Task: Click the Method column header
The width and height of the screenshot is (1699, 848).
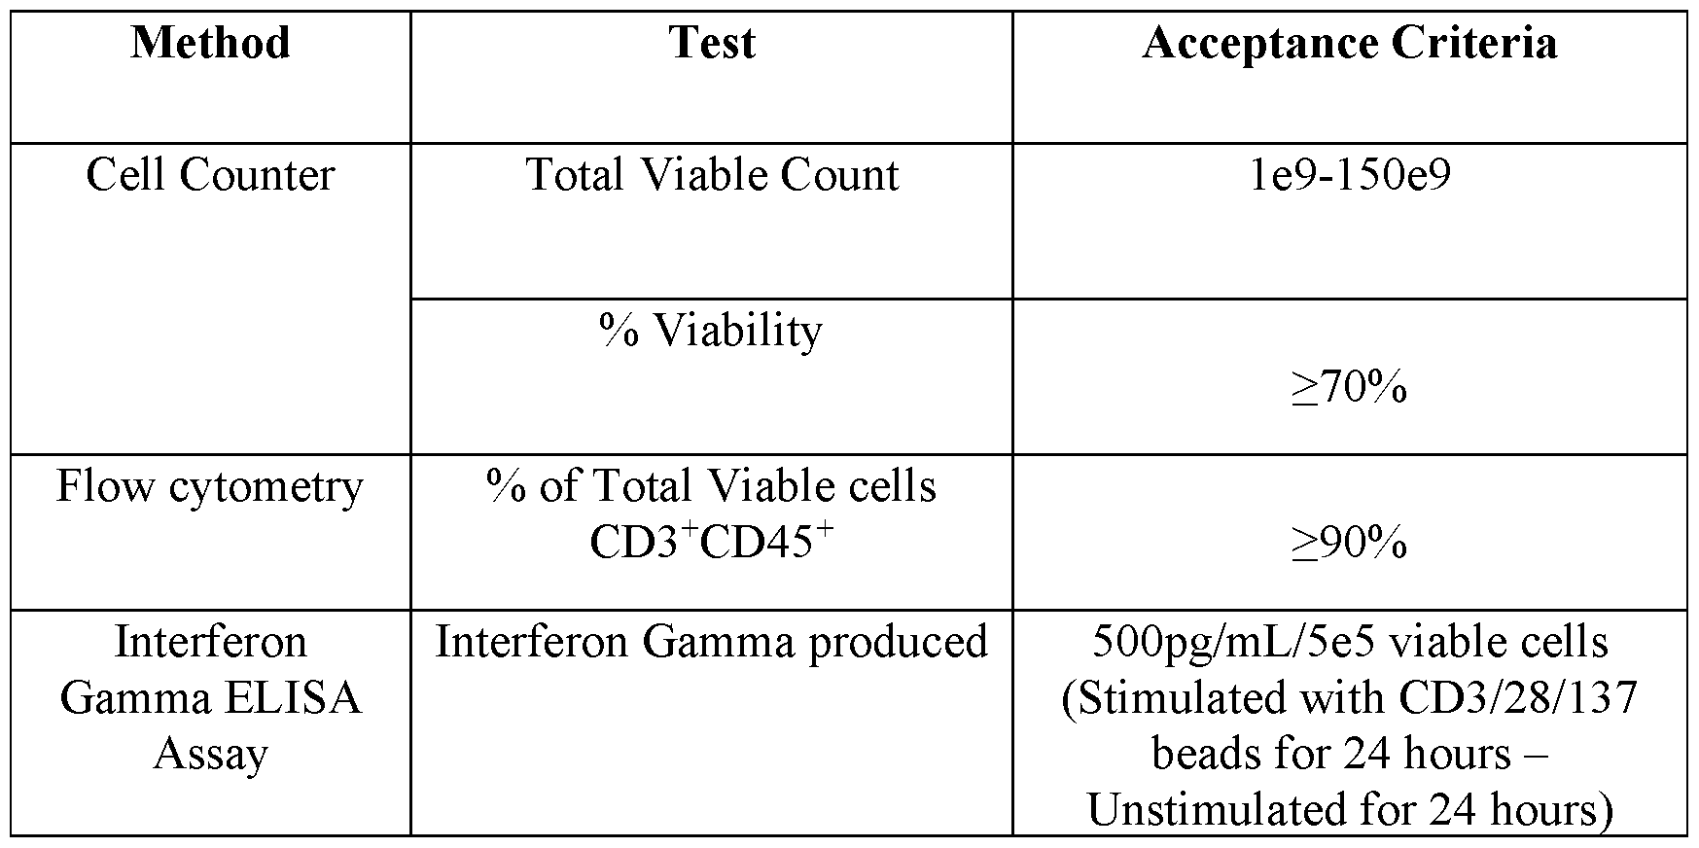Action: pos(210,44)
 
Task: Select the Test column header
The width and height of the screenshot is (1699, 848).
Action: pos(712,44)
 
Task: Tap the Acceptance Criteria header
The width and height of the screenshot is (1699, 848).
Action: pos(1349,44)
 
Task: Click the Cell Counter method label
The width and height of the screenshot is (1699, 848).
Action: pos(210,176)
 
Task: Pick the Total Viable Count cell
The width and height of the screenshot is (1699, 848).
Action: pos(712,176)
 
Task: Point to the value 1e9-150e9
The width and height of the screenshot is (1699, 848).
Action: pos(1349,176)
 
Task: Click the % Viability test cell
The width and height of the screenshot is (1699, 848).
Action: pos(712,331)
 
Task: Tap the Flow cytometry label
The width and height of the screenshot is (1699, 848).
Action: pos(210,486)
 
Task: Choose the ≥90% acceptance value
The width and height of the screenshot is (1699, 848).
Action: pos(1349,544)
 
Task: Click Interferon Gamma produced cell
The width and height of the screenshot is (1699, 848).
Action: pos(712,642)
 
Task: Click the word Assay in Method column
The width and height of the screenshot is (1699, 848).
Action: pos(210,755)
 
